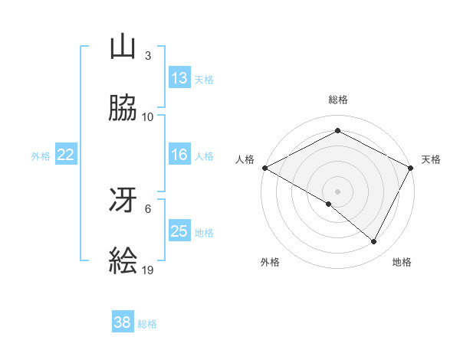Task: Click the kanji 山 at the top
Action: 123,47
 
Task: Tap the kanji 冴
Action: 123,201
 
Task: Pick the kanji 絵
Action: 123,261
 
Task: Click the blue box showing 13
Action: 179,78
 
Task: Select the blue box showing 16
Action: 179,155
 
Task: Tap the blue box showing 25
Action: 179,231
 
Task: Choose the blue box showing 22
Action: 66,155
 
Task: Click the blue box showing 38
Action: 123,322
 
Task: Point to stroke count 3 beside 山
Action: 148,55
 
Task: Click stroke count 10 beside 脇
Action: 148,116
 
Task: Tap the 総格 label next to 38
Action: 147,324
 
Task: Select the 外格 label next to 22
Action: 41,156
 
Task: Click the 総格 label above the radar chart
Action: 337,100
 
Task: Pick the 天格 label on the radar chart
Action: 431,159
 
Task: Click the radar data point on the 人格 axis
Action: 264,168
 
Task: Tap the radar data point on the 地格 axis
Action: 374,242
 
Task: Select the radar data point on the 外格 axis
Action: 329,204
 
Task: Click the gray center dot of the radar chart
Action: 337,191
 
